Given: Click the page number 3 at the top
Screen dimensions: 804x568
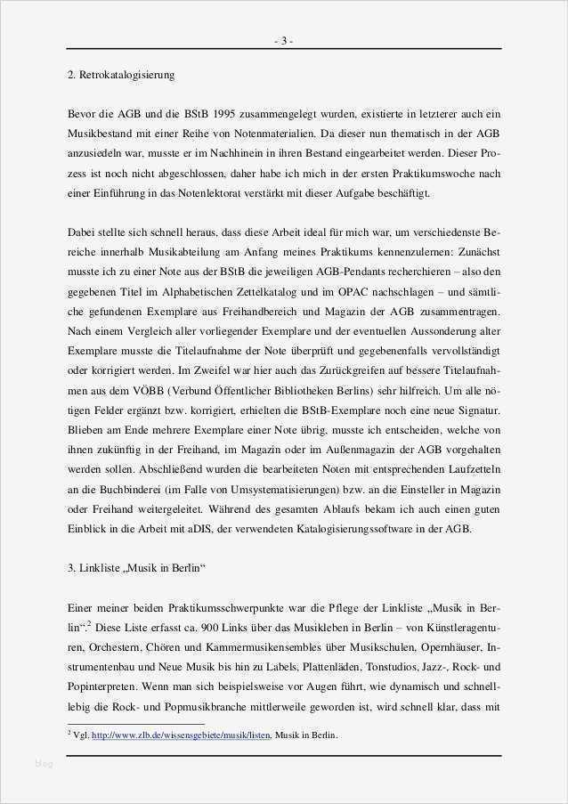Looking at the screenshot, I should [x=283, y=41].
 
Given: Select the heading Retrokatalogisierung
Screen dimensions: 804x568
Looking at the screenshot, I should [x=126, y=76].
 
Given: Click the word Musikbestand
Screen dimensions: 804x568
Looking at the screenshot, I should [x=100, y=133].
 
